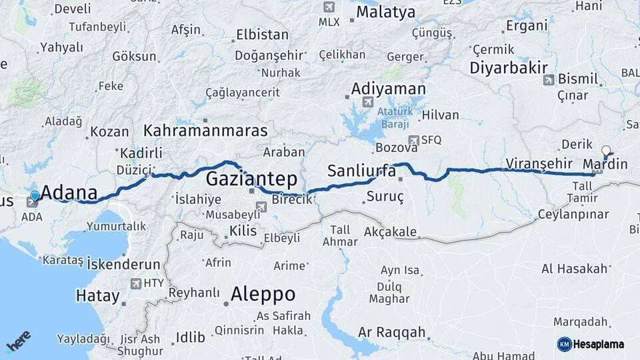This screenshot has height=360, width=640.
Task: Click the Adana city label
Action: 69,192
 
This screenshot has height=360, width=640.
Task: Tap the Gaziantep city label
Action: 251,178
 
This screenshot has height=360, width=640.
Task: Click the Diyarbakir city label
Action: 509,67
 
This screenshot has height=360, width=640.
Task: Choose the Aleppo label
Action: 263,294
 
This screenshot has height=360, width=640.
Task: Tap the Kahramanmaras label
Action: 205,130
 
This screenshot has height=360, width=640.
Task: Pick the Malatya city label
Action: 385,12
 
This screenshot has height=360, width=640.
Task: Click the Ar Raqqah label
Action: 391,332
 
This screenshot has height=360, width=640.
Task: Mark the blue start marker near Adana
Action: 35,196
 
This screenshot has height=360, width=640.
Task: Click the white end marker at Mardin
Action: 605,151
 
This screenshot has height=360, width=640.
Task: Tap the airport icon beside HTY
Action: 137,283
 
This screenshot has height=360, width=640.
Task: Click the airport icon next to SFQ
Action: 414,140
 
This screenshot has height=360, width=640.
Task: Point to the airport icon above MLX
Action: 328,7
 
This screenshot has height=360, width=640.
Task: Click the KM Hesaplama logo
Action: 591,344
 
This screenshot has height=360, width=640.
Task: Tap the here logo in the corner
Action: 18,341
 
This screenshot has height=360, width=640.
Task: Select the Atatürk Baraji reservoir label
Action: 395,117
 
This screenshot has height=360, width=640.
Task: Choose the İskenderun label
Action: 124,263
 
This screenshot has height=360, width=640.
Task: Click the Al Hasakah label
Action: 575,269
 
